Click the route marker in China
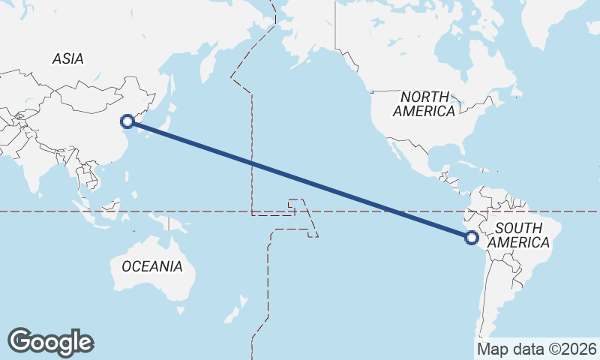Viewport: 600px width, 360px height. (127, 121)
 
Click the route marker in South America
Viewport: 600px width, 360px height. (471, 238)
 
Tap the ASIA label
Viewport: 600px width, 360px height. (68, 59)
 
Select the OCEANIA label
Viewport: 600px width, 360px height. (152, 266)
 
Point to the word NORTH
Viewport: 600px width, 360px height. (424, 97)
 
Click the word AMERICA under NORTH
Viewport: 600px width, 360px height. (424, 112)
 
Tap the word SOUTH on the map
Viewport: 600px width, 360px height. (519, 228)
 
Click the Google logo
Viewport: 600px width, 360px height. (50, 341)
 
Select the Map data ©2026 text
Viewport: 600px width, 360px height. (537, 349)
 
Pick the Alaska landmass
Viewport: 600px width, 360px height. (300, 37)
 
